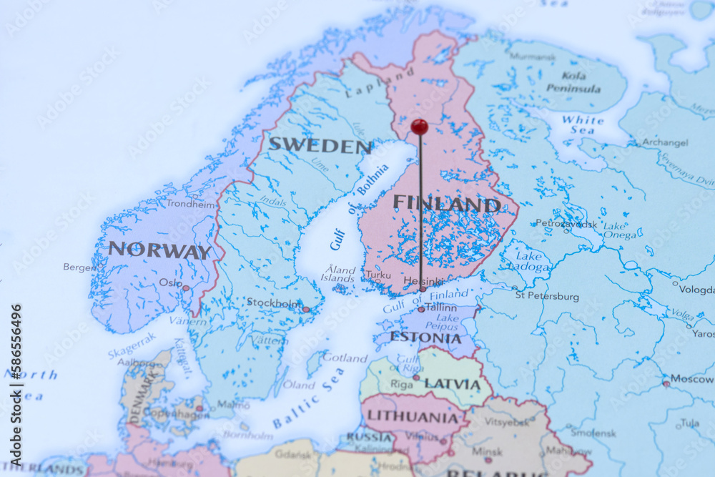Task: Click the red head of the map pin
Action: (x=420, y=127)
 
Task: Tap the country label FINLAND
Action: (x=446, y=204)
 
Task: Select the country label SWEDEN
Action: (x=320, y=145)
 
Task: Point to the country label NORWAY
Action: (x=159, y=251)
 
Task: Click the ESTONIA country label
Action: (x=425, y=338)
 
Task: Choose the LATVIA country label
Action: (x=453, y=384)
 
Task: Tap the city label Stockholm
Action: (x=273, y=303)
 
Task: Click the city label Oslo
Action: (x=170, y=282)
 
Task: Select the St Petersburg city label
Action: (x=547, y=295)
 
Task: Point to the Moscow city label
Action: (x=692, y=378)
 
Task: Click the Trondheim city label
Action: (x=191, y=203)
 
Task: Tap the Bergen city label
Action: (x=79, y=267)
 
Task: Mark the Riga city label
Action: (x=401, y=384)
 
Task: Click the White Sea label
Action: (x=582, y=125)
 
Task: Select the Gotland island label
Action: (x=345, y=358)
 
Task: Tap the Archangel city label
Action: (x=665, y=142)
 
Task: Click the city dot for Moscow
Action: (x=666, y=383)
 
